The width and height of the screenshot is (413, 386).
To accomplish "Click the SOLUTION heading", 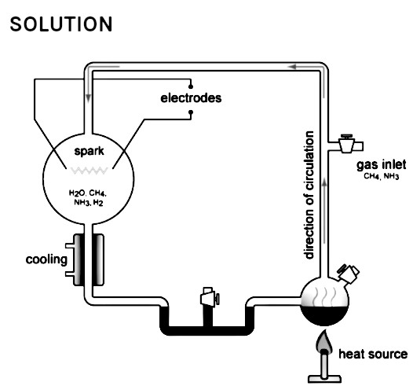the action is click(x=61, y=24).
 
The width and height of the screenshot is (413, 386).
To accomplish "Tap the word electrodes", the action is click(x=191, y=98).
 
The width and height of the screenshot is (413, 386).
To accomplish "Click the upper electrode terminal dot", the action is click(x=191, y=86).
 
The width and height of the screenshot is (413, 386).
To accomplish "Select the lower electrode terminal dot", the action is click(x=191, y=112).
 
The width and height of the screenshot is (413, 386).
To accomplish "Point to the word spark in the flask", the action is click(x=89, y=152).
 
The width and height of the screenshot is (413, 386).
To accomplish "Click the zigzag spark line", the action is click(x=89, y=171).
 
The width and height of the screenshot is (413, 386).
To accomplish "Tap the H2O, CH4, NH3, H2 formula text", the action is click(x=88, y=198).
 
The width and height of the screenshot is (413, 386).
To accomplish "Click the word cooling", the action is click(x=46, y=259).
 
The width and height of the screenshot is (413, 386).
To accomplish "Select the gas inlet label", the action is click(x=381, y=165).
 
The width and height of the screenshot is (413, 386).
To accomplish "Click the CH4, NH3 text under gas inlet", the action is click(x=381, y=176).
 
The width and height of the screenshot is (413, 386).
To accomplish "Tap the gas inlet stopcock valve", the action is click(x=346, y=144).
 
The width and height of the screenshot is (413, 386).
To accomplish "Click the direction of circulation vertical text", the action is click(x=309, y=195).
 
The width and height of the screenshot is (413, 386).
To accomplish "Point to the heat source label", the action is click(x=373, y=354).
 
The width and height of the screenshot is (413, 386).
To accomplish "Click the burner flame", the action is click(x=323, y=342).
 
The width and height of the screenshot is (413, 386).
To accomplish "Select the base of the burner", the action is click(x=324, y=379).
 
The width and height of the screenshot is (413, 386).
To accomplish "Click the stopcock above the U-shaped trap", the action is click(x=210, y=296).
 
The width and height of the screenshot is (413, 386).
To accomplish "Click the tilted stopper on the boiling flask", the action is click(x=348, y=274).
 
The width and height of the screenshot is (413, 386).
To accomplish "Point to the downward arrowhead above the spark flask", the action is click(x=88, y=97).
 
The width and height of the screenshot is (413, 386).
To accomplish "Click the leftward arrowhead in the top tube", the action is click(x=292, y=67).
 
